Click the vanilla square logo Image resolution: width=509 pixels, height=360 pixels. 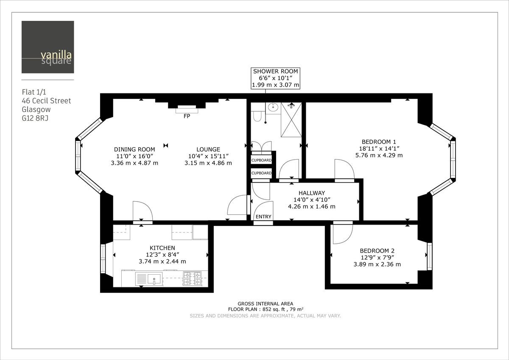point(48,47)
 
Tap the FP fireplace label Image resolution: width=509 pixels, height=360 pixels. point(187,116)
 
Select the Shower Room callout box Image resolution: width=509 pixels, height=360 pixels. point(275,78)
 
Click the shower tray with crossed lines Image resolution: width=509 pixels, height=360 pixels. point(291,120)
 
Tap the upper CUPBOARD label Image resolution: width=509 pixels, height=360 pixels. point(261,160)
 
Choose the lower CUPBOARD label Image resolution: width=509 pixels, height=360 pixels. point(261,173)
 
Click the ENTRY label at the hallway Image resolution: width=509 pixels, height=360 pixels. point(263,217)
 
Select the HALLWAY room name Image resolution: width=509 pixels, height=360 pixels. point(311,192)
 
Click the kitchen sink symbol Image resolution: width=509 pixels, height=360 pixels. point(149,279)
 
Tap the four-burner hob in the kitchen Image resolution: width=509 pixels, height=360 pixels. point(192,278)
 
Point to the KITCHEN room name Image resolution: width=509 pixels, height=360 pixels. point(162,248)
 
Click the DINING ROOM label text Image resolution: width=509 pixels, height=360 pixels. point(134,149)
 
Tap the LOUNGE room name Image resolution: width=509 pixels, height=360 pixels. point(208,149)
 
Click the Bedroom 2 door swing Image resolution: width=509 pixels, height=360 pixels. point(342,234)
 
